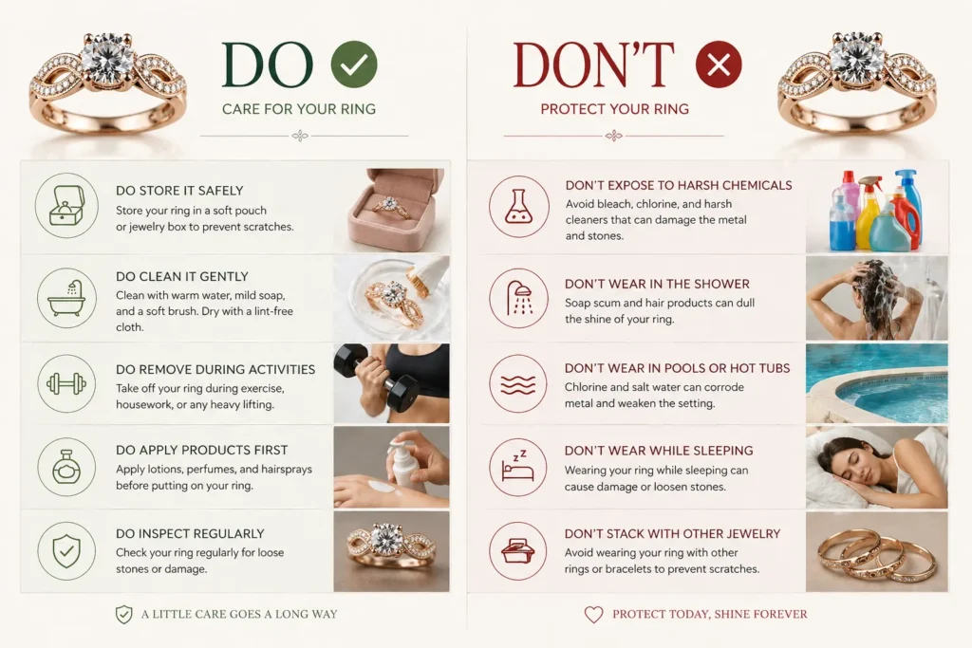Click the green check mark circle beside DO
click(x=354, y=65)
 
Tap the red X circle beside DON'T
click(x=719, y=65)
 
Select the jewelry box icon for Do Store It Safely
click(x=66, y=204)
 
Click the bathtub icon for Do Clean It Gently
click(x=66, y=296)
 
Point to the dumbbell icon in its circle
click(x=66, y=384)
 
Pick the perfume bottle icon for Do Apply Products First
click(x=66, y=468)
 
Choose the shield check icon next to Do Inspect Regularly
click(x=66, y=551)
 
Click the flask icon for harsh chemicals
click(x=519, y=207)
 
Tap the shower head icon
click(x=519, y=297)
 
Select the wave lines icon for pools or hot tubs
click(x=519, y=384)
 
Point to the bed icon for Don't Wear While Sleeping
click(x=519, y=467)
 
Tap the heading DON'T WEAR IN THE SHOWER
click(x=657, y=284)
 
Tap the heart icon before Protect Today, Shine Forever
click(x=593, y=615)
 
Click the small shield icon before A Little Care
click(x=123, y=615)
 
